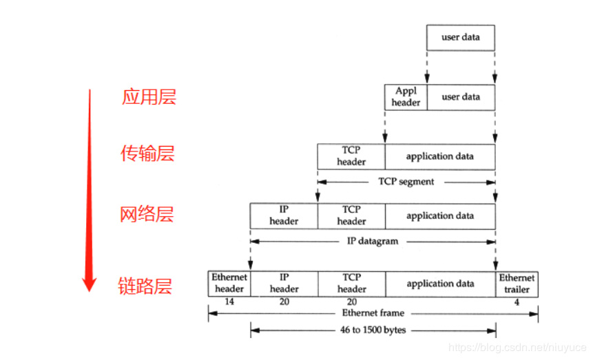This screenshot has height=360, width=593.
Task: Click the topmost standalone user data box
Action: click(460, 37)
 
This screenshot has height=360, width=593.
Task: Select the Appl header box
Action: click(406, 97)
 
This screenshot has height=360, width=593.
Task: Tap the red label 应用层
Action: click(149, 97)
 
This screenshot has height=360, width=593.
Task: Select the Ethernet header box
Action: click(229, 284)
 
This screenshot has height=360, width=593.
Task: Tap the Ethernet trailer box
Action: click(517, 284)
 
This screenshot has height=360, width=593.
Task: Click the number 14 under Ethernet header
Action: click(229, 301)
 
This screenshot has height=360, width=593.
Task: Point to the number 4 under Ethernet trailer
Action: click(517, 301)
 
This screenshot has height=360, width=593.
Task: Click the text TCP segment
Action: click(406, 182)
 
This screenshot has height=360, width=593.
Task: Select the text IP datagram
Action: click(373, 242)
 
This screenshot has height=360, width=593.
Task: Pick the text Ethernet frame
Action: click(373, 313)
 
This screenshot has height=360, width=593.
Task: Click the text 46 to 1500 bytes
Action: click(373, 330)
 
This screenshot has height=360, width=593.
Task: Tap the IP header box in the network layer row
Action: click(284, 215)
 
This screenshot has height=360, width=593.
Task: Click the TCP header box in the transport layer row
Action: click(351, 156)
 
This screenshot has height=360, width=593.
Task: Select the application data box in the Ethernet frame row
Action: click(440, 284)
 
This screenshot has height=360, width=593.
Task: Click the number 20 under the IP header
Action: click(284, 301)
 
